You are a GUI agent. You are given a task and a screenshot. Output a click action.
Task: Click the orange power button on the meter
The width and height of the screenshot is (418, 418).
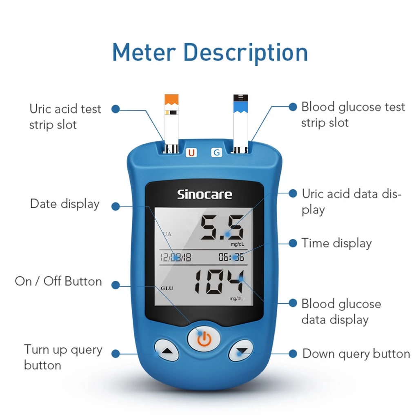click(204, 339)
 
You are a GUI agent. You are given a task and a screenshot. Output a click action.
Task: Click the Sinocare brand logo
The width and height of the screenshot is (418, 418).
click(205, 194)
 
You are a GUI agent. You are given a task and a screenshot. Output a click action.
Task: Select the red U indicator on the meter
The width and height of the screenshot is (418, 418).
click(191, 153)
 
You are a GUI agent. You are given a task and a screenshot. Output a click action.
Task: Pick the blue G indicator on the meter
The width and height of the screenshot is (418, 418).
click(216, 153)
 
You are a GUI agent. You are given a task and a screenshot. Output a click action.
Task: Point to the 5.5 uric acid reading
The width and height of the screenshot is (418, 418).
click(222, 227)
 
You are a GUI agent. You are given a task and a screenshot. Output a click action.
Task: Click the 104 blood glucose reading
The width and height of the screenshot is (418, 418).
click(219, 282)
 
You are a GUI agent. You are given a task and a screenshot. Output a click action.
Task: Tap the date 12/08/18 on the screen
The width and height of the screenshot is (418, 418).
click(176, 257)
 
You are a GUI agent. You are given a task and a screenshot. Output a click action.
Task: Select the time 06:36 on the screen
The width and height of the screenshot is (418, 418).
click(231, 257)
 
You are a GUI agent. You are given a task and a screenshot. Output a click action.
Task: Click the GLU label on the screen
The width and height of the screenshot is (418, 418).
click(167, 289)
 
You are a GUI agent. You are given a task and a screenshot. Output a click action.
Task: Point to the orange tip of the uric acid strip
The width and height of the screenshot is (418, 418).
click(171, 100)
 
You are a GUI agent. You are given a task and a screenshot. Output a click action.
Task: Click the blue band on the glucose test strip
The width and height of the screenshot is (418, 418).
click(240, 107)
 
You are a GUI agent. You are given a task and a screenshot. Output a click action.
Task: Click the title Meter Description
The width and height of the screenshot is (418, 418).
click(210, 53)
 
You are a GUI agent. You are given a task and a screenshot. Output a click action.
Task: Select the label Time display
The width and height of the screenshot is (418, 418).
click(336, 243)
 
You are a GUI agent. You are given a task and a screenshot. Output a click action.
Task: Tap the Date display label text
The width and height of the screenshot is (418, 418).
click(65, 204)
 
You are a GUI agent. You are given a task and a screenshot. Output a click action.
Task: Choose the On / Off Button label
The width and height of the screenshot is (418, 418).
click(58, 281)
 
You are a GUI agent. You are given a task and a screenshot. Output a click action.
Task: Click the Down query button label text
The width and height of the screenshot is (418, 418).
click(356, 354)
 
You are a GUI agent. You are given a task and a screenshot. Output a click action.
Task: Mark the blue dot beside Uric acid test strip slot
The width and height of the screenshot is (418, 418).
click(116, 109)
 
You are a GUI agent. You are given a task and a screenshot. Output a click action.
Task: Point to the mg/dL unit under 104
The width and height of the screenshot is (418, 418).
click(236, 298)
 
